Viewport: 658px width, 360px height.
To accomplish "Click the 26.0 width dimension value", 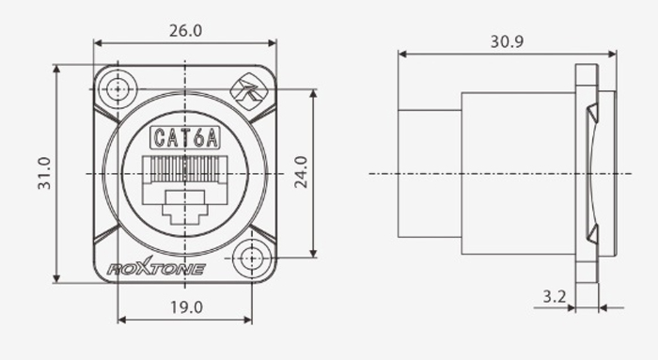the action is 185,31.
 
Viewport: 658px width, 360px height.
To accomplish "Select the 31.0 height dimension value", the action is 44,173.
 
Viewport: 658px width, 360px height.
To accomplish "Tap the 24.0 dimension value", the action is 301,172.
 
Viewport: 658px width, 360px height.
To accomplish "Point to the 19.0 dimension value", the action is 186,307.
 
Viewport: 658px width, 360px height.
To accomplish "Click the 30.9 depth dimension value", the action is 507,41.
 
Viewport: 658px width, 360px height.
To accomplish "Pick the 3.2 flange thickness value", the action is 555,297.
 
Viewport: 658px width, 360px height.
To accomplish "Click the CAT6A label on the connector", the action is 185,137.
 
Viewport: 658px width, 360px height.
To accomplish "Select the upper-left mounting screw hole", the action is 117,89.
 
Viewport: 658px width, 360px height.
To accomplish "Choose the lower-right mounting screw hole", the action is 251,258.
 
